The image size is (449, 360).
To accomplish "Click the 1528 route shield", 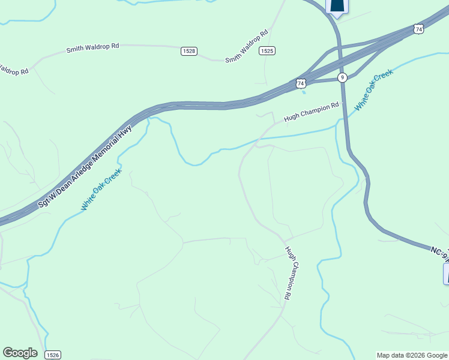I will [188, 51].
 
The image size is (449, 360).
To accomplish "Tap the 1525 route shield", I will [267, 51].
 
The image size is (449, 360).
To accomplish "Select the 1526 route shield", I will [53, 355].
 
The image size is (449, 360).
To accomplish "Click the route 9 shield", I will [342, 77].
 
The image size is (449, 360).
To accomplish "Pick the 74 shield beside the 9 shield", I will [301, 83].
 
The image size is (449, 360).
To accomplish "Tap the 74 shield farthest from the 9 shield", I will [418, 29].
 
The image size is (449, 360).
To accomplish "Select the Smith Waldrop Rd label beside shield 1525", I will [246, 47].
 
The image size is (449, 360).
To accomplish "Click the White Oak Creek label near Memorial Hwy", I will [102, 188].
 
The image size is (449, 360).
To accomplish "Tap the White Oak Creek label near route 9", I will [373, 89].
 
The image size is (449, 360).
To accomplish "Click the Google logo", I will [20, 353].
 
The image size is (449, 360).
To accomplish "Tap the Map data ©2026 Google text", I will [412, 355].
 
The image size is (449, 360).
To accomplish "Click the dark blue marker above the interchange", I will [337, 6].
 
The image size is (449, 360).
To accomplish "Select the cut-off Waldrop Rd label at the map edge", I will [13, 70].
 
